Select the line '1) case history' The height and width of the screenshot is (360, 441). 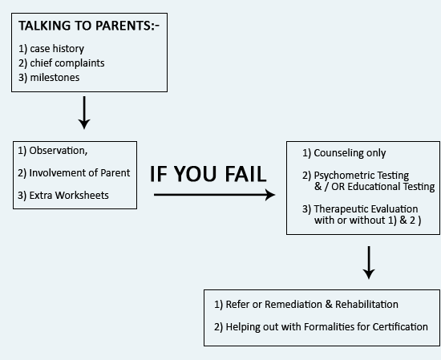click(x=51, y=49)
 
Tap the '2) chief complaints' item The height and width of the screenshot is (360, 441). click(x=61, y=63)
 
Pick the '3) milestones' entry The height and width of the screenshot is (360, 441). click(x=49, y=77)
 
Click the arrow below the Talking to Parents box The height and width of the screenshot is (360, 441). click(x=84, y=112)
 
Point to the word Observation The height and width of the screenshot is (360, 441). click(x=58, y=151)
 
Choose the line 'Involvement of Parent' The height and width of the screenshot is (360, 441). click(x=79, y=172)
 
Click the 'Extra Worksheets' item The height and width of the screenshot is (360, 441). click(x=69, y=195)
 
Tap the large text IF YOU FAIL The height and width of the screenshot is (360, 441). click(x=208, y=174)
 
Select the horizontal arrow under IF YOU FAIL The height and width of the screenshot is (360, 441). click(x=215, y=195)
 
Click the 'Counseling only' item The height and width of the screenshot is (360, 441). click(x=350, y=152)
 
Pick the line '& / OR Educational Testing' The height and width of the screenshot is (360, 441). click(x=374, y=187)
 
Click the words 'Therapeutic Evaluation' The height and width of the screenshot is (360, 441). click(x=366, y=209)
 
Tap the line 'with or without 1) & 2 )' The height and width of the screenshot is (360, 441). click(x=367, y=220)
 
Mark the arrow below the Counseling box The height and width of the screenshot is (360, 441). click(x=369, y=263)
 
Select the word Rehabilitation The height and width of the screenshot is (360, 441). click(x=366, y=305)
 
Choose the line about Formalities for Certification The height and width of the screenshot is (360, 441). click(x=321, y=327)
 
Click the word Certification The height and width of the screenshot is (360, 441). click(x=400, y=327)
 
